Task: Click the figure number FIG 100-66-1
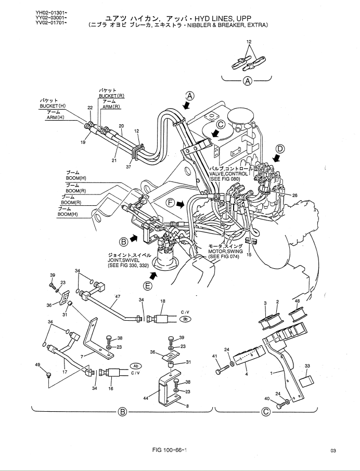click(168, 449)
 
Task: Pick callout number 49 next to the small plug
click(38, 365)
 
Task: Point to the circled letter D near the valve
click(280, 149)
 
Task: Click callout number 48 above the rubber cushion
click(297, 302)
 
